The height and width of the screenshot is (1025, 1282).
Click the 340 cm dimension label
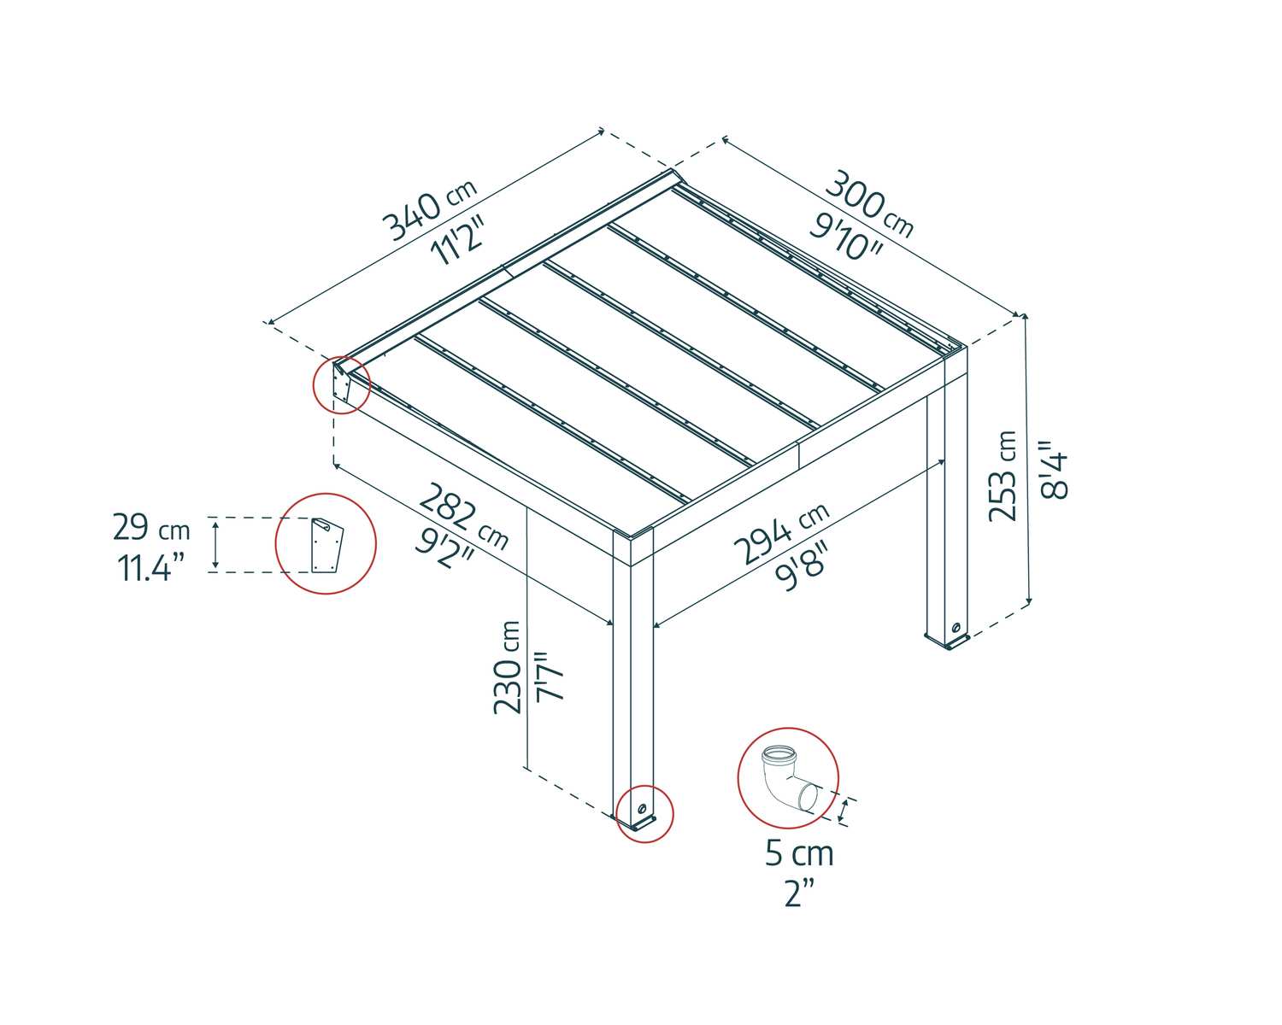coord(427,211)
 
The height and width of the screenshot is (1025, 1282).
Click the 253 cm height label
coord(1003,476)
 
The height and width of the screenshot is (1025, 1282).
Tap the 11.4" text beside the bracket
coord(151,567)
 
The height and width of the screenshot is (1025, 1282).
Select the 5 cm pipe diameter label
coord(799,853)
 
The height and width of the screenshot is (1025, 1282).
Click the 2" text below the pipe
coord(799,893)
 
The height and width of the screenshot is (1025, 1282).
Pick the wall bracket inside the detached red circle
coord(326,544)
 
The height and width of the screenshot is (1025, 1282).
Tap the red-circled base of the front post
coord(644,814)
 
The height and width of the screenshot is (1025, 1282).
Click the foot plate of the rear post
coord(947,636)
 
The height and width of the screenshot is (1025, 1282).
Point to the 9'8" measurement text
coord(802,567)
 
